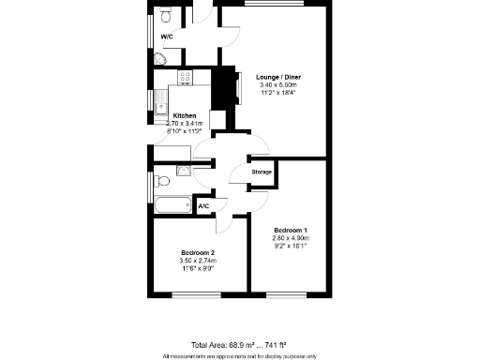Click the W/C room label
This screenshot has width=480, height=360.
pos(167,37)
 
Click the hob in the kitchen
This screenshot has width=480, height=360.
pos(186,79)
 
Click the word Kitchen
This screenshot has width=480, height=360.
pos(185,115)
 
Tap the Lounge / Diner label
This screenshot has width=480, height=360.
pos(278,77)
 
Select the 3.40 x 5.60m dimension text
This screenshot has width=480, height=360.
pos(278,85)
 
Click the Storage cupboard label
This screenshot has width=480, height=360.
pos(262,172)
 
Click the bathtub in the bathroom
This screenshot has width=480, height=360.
pos(171,205)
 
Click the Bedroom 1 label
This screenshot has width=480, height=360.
pos(291,230)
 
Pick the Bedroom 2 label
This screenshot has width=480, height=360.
pos(199,253)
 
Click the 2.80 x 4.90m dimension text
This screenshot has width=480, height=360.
pos(291,238)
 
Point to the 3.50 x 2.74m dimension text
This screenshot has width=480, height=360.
pos(199,262)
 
